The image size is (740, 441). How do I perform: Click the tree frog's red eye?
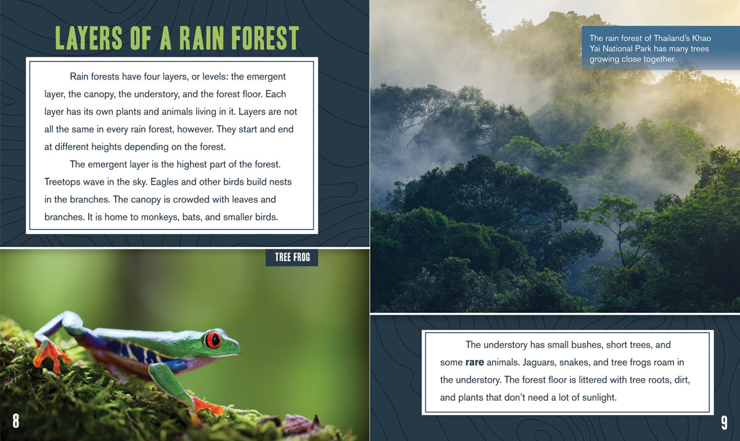coord(213,340)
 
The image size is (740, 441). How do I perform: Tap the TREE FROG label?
coord(292,257)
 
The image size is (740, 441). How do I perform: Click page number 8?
coord(15,421)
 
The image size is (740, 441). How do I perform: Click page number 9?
coord(724,423)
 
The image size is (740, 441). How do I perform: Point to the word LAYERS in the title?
coord(89,38)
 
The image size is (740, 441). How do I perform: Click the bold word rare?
coord(474,362)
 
